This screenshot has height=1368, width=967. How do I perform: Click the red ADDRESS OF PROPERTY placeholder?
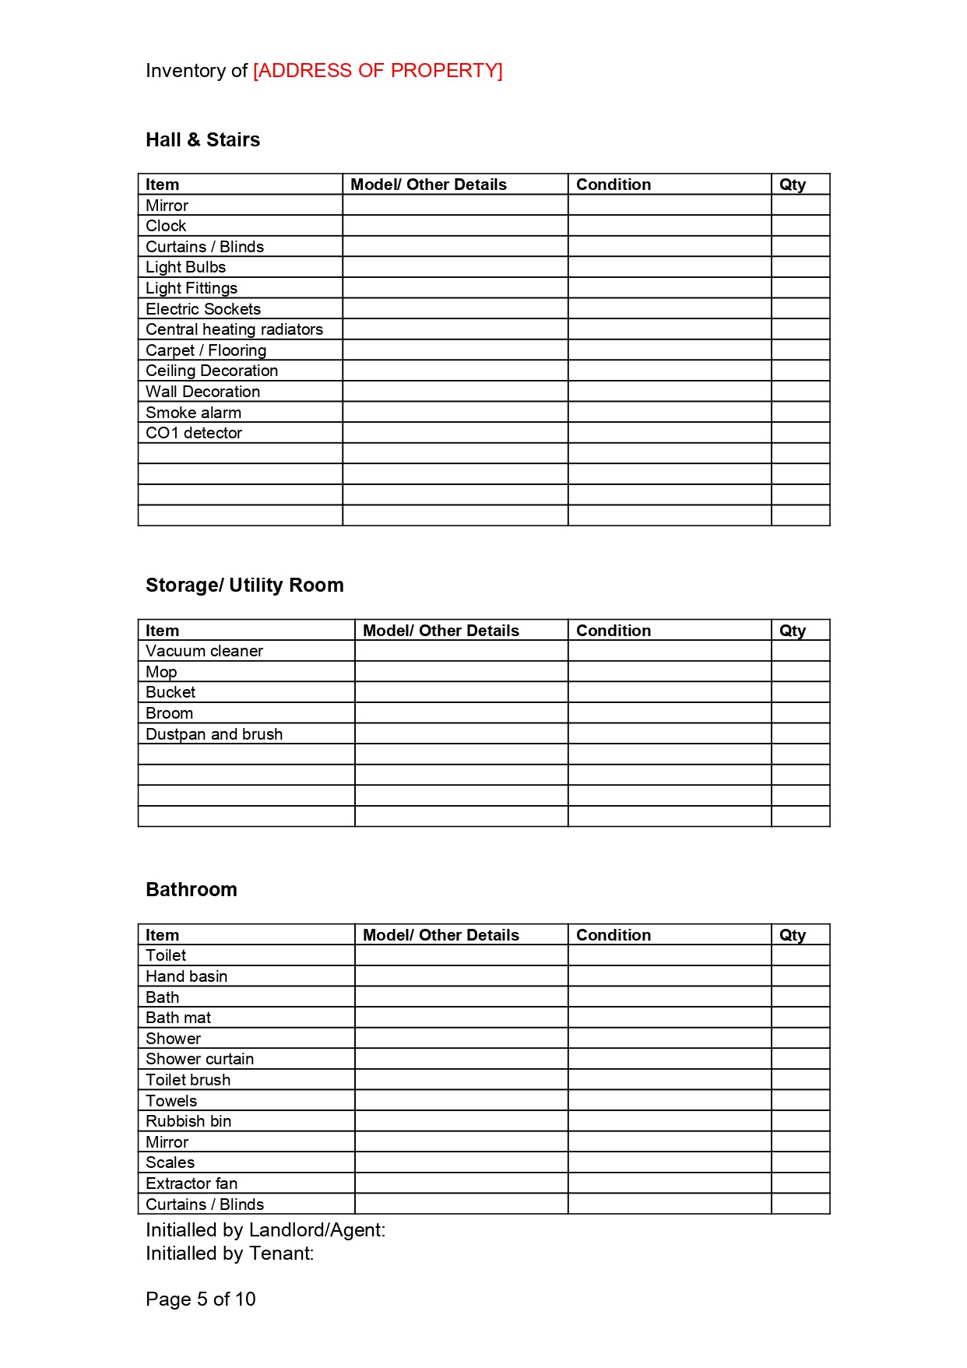pyautogui.click(x=378, y=71)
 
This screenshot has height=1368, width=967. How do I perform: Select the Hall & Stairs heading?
pyautogui.click(x=202, y=140)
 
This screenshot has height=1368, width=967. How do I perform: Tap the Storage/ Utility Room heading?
pyautogui.click(x=244, y=586)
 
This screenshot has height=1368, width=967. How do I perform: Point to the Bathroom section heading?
pyautogui.click(x=192, y=890)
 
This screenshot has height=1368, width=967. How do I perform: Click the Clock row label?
pyautogui.click(x=166, y=227)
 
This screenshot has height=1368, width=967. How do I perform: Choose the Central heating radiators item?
pyautogui.click(x=234, y=330)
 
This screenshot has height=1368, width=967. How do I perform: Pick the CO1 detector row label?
pyautogui.click(x=194, y=434)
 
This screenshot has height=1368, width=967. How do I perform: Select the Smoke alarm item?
pyautogui.click(x=193, y=413)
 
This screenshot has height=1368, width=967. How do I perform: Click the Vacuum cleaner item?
pyautogui.click(x=204, y=652)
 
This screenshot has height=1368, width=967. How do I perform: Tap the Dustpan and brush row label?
pyautogui.click(x=214, y=734)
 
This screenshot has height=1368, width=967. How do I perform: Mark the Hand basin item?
pyautogui.click(x=186, y=976)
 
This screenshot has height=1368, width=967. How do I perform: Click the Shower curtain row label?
pyautogui.click(x=199, y=1060)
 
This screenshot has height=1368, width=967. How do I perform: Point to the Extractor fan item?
pyautogui.click(x=192, y=1184)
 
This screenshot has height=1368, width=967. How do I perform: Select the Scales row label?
pyautogui.click(x=170, y=1163)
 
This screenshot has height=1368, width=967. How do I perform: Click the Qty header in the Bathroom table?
pyautogui.click(x=793, y=935)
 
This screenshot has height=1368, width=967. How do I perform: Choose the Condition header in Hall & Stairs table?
pyautogui.click(x=614, y=185)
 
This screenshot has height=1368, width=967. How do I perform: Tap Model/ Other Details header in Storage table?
pyautogui.click(x=441, y=631)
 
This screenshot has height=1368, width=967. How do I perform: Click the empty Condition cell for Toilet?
pyautogui.click(x=669, y=956)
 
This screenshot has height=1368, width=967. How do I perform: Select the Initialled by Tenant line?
pyautogui.click(x=230, y=1254)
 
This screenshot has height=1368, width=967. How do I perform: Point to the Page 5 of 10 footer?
pyautogui.click(x=201, y=1299)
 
